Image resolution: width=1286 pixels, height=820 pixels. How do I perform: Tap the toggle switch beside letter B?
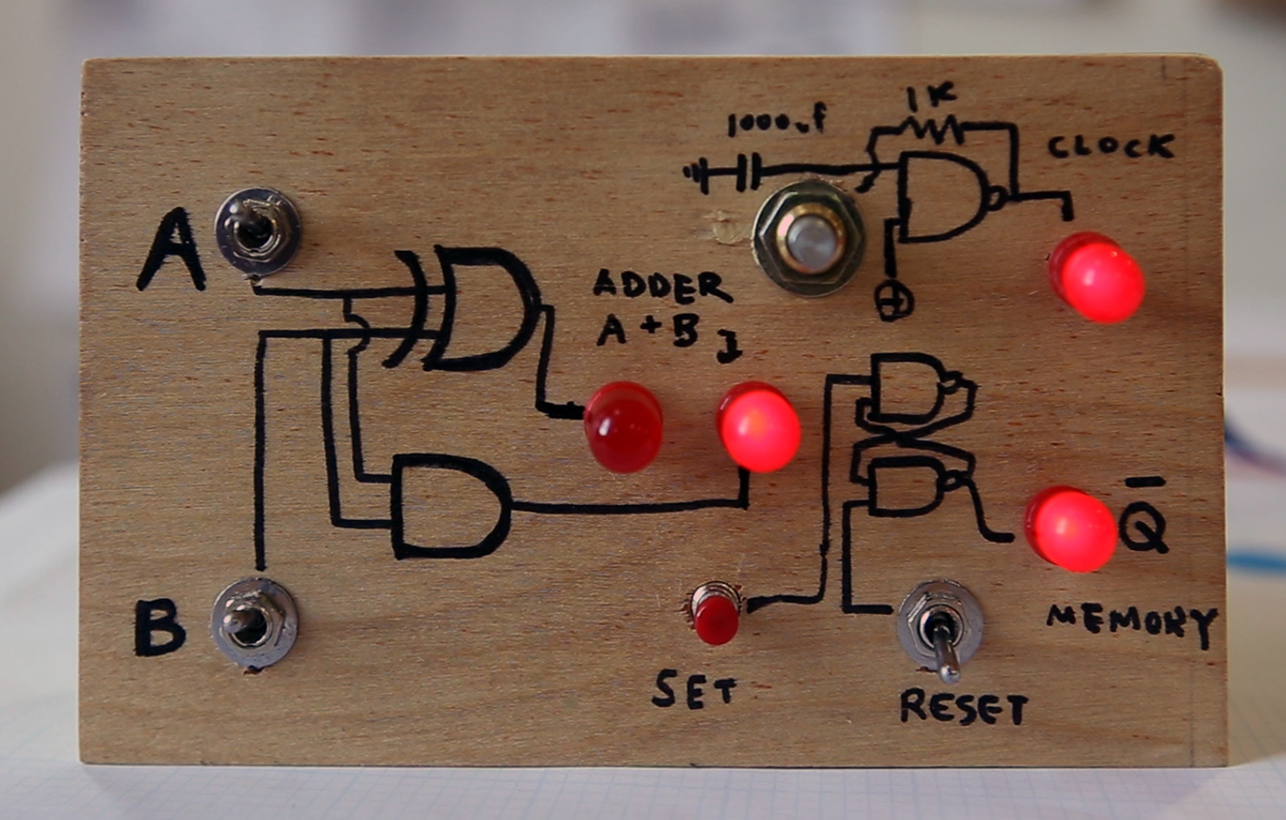[254, 623]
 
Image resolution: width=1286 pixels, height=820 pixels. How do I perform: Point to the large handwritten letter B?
[159, 628]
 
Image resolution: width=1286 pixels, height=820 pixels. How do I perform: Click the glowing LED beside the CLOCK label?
[1096, 277]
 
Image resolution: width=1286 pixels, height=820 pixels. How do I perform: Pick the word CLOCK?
[1110, 146]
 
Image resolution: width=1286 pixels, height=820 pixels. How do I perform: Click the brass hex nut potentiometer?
[808, 238]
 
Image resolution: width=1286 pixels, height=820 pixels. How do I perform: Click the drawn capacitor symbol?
[741, 172]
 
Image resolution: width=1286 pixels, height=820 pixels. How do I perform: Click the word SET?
[693, 690]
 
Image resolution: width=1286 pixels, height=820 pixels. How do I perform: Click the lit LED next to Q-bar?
[1070, 528]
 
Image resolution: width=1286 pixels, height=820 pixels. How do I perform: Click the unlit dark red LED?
[623, 427]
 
